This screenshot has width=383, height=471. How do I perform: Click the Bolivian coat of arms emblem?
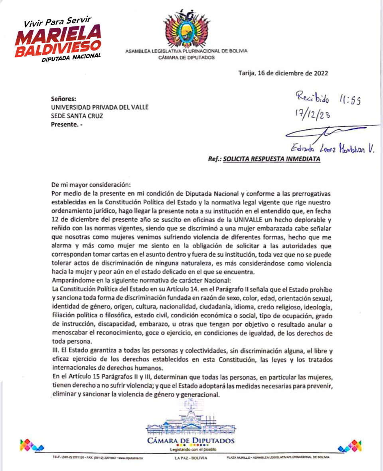(x=186, y=28)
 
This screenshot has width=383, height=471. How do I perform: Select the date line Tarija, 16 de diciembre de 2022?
(x=283, y=73)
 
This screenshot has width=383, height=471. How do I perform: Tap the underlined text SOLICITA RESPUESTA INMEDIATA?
(x=271, y=159)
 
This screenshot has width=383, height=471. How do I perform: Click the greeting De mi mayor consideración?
(x=91, y=185)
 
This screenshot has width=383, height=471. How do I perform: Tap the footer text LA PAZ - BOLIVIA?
(x=191, y=457)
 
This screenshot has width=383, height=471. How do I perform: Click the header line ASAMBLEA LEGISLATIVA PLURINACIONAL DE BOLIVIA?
(x=186, y=51)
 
